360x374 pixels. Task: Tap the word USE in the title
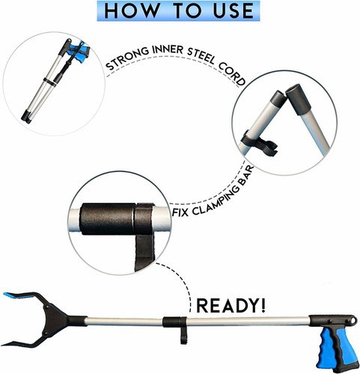pos(234,11)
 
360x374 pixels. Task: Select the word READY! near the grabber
pos(231,305)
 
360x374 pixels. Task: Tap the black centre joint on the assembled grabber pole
pos(174,322)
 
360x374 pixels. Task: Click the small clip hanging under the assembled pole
pos(183,335)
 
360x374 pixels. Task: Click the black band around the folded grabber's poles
pos(50,82)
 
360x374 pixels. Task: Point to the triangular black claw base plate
pos(54,320)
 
